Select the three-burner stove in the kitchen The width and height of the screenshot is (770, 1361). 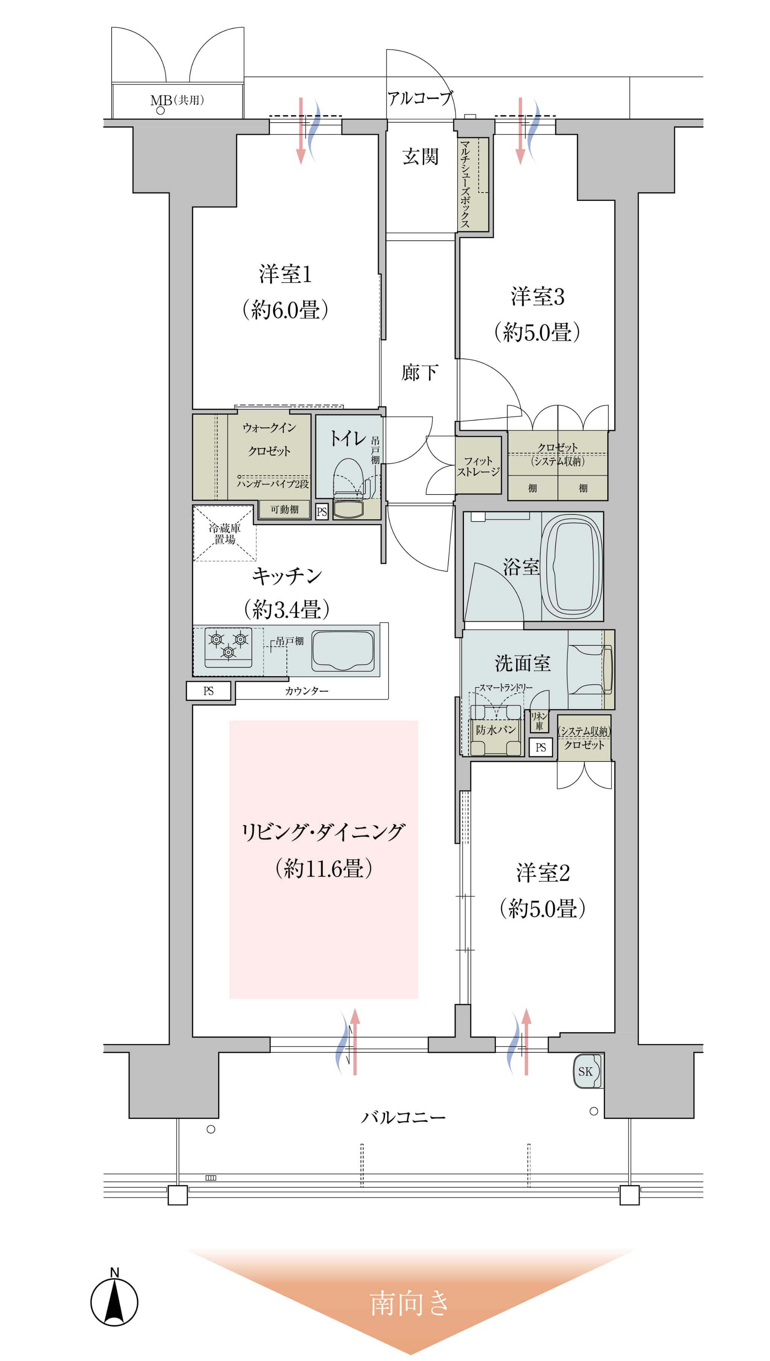tap(228, 647)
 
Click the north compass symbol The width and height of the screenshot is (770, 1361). tap(114, 1302)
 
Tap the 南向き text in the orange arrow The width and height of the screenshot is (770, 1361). tap(410, 1303)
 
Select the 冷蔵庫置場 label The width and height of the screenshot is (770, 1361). tap(225, 533)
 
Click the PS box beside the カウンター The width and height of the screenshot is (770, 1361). tap(208, 691)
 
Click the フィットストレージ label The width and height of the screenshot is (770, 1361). tap(478, 466)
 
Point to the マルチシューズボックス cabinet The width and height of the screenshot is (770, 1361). tap(472, 184)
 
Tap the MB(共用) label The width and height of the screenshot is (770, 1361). tap(177, 100)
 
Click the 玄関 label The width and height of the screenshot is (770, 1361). tap(420, 156)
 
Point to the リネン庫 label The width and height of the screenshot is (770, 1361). tap(539, 721)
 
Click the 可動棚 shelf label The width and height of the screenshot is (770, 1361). tap(284, 509)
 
